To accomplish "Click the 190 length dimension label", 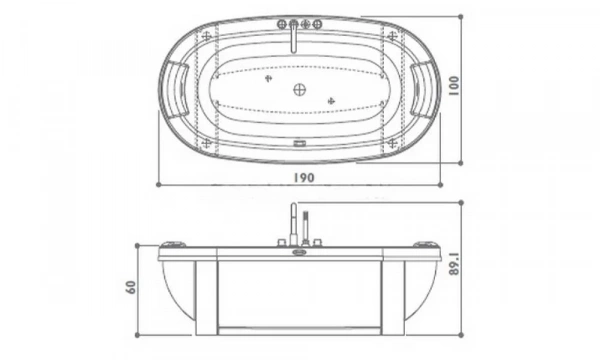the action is [304, 178].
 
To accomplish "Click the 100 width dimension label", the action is [453, 86].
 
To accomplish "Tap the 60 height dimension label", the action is [131, 287].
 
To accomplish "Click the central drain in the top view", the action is [300, 90].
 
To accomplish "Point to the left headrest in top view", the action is [174, 89].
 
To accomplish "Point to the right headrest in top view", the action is [424, 89].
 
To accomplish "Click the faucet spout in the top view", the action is [293, 37].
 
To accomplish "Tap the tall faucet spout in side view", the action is [293, 225].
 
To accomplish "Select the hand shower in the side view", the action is [305, 228].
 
